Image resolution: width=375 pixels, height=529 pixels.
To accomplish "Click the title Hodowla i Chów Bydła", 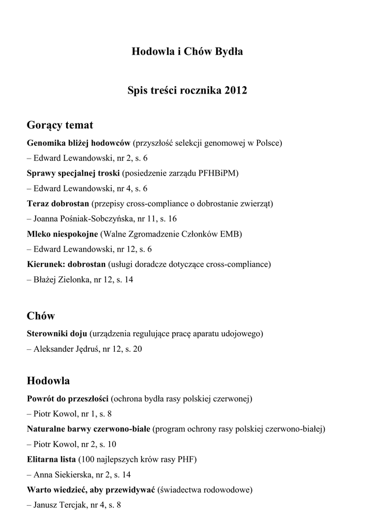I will pos(187,52).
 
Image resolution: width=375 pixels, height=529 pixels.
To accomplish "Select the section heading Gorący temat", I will pos(60,125).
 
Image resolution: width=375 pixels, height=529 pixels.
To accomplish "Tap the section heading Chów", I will pos(41,316).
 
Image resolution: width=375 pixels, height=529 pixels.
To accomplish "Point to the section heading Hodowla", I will pos(48,381).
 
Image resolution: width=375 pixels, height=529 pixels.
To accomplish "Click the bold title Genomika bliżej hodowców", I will pos(79,143).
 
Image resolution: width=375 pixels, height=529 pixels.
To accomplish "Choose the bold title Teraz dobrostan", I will pos(58,204).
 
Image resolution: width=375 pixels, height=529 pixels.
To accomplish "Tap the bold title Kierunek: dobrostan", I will pos(66,264).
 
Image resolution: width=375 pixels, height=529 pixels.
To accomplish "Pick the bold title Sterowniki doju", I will pos(57,334).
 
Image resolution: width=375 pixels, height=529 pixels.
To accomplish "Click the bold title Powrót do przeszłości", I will pos(67,399).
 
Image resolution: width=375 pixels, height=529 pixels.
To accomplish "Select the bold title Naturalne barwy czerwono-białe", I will pos(88,429).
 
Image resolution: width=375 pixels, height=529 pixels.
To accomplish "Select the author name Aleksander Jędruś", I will pos(66,349).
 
